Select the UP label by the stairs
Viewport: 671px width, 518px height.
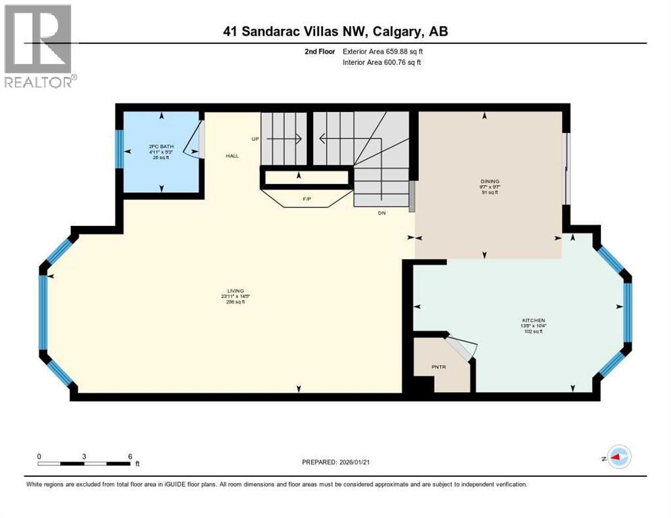[255, 139]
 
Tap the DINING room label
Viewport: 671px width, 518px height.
[489, 181]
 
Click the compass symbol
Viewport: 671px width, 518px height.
[618, 457]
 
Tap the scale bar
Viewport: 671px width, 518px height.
[84, 463]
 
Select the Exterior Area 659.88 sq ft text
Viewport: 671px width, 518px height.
[385, 51]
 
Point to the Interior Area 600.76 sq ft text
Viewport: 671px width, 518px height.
[385, 63]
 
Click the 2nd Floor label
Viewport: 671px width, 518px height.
[320, 51]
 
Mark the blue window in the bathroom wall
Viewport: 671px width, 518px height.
[119, 148]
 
